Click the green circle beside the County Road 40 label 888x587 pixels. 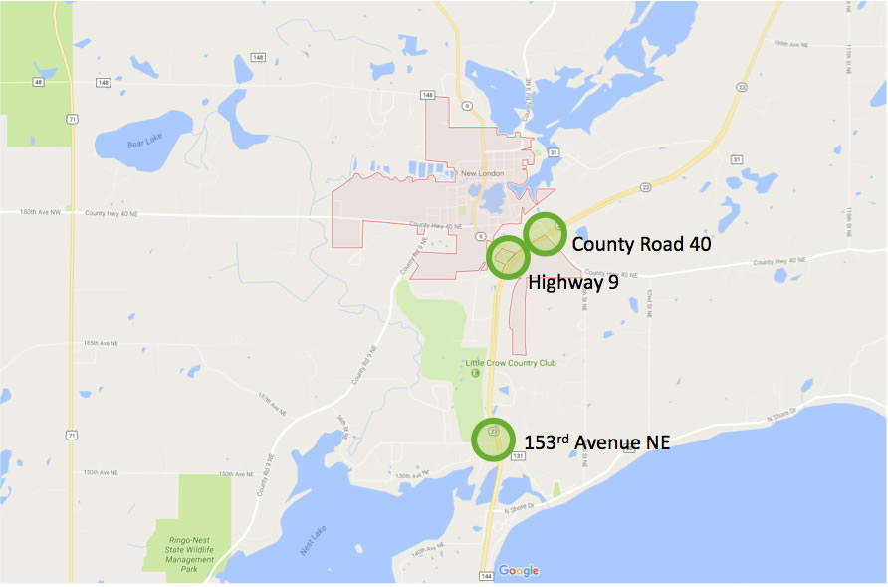[x=545, y=235]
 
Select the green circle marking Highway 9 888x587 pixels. [x=507, y=258]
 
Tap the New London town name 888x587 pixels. [x=483, y=174]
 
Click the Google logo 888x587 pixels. [x=519, y=571]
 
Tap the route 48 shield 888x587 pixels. [x=38, y=82]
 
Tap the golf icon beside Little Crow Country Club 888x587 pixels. [x=475, y=374]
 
